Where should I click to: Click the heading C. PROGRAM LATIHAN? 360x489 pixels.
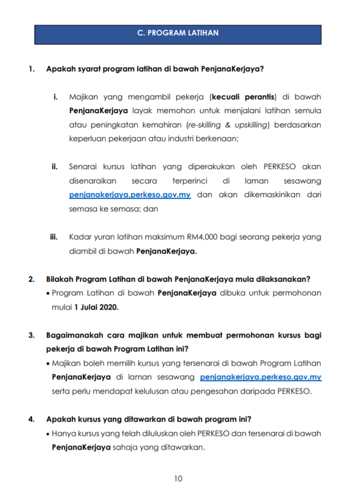pyautogui.click(x=178, y=33)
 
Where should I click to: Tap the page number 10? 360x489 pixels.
pyautogui.click(x=178, y=478)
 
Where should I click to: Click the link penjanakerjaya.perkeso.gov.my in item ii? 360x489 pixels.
pyautogui.click(x=130, y=195)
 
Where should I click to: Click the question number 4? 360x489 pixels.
pyautogui.click(x=31, y=419)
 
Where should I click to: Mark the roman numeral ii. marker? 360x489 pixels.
pyautogui.click(x=55, y=167)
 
